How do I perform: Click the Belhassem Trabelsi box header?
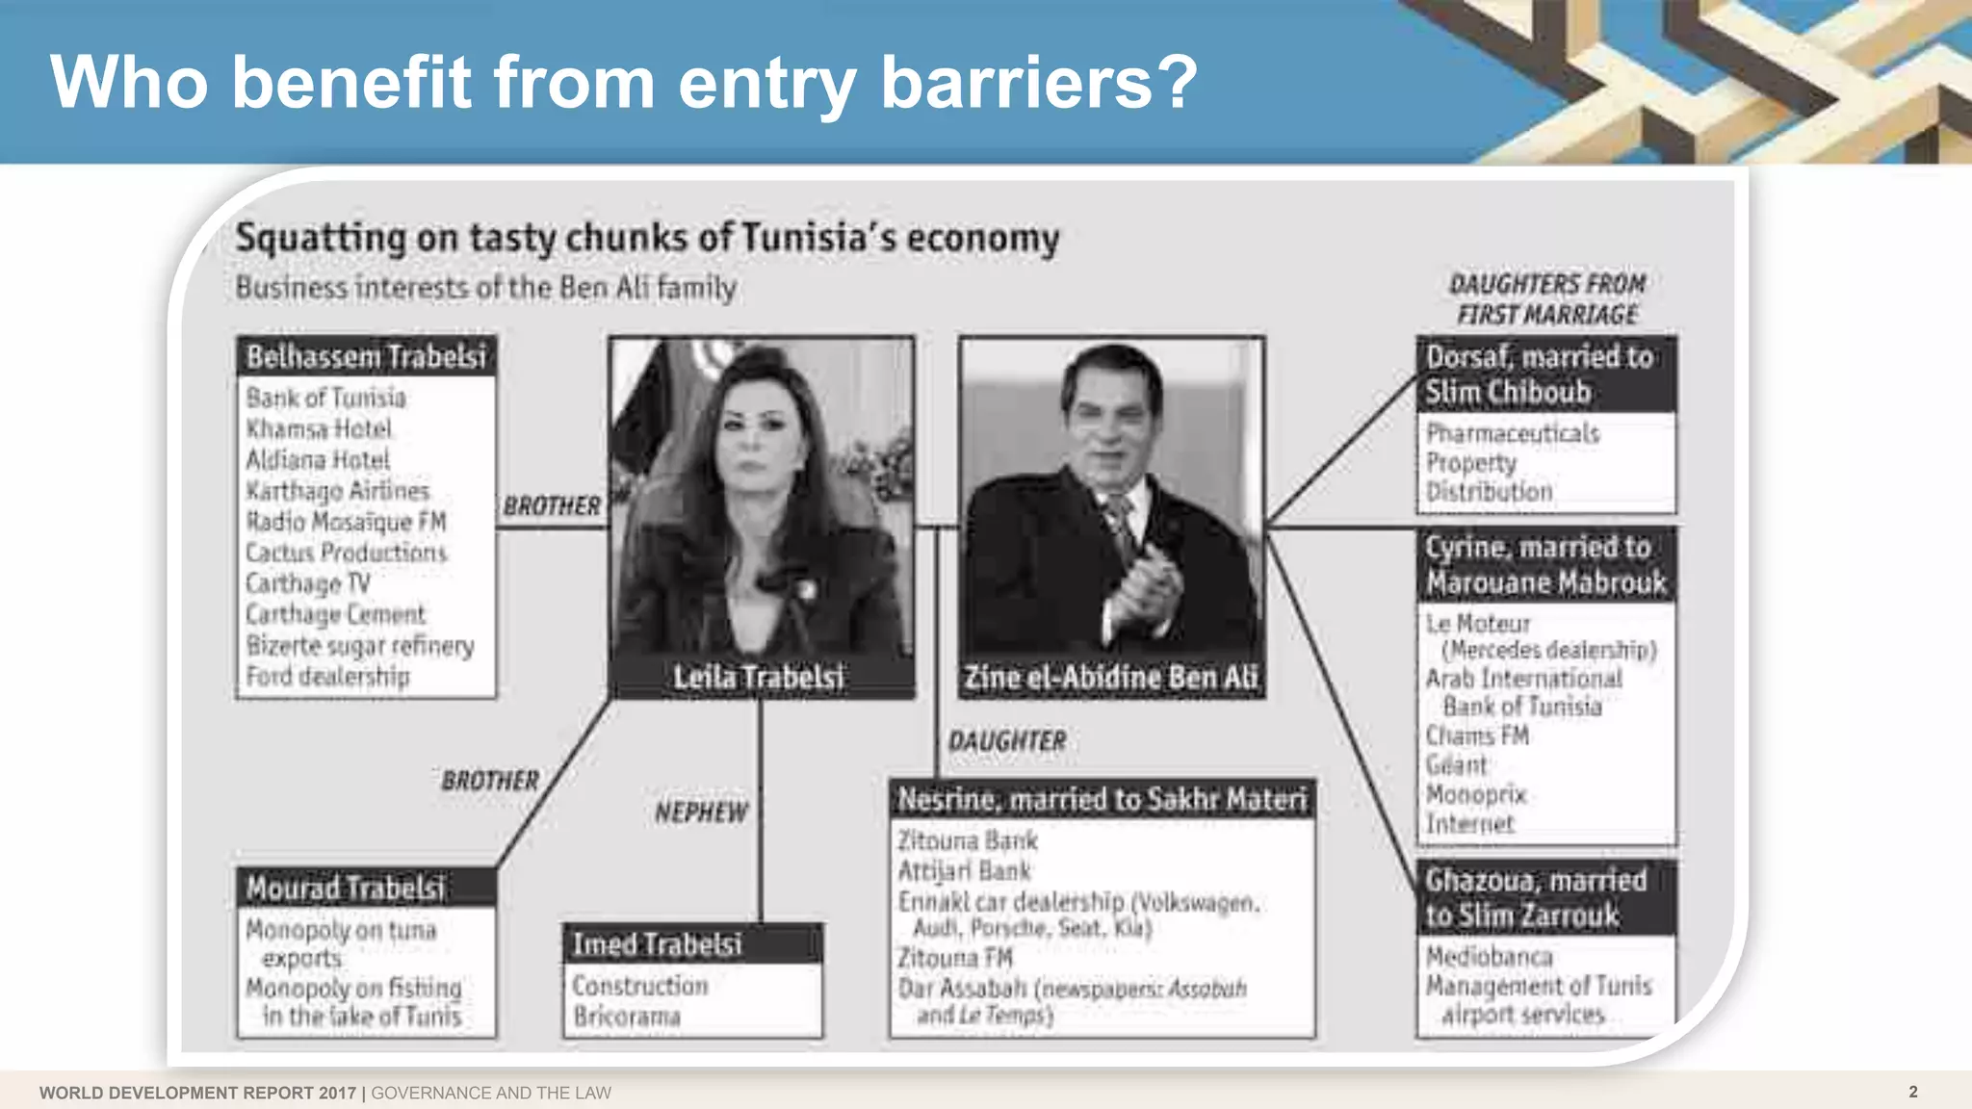(366, 356)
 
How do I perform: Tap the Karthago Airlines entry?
(337, 491)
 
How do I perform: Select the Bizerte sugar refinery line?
(360, 645)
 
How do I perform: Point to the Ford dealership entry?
(327, 677)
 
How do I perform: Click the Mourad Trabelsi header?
(346, 888)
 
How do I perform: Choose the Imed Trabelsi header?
(658, 944)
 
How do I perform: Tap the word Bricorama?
(627, 1017)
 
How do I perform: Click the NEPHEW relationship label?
(701, 812)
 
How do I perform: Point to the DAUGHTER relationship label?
(1007, 741)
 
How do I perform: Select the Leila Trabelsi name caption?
(759, 678)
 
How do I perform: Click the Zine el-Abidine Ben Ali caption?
(1111, 678)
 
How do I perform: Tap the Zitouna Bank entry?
(968, 841)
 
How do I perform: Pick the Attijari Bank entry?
(964, 871)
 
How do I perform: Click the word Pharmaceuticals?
(1513, 433)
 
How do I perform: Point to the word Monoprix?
(1476, 795)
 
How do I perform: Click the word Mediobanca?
(1489, 957)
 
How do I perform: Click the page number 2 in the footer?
(1913, 1092)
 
